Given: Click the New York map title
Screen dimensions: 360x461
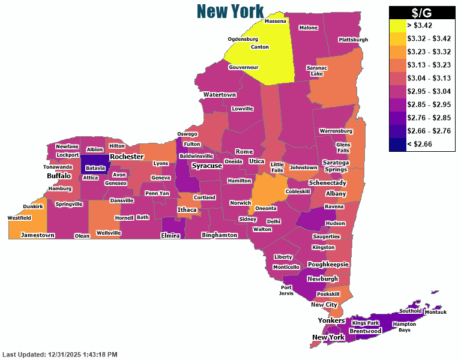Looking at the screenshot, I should click(230, 11).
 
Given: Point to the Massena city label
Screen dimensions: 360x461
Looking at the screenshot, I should click(276, 21).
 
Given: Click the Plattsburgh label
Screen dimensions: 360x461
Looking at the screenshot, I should click(353, 40).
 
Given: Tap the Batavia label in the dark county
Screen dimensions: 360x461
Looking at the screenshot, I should click(95, 168).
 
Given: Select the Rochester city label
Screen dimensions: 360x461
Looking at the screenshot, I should click(127, 157).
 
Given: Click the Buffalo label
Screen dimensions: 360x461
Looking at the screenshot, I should click(59, 176).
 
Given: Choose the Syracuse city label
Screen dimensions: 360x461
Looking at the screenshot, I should click(207, 166).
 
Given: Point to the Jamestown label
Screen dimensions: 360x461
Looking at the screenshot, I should click(37, 235).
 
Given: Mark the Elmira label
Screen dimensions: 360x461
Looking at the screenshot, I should click(170, 236).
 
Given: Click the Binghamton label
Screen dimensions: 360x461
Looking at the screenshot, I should click(219, 235).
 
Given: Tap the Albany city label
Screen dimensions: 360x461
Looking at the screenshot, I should click(336, 194).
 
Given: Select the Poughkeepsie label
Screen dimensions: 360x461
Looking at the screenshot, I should click(328, 265).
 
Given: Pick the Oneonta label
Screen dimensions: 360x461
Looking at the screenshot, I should click(265, 208).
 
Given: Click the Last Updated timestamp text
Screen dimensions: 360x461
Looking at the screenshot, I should click(60, 355).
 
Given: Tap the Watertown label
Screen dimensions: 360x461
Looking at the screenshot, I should click(219, 95).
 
